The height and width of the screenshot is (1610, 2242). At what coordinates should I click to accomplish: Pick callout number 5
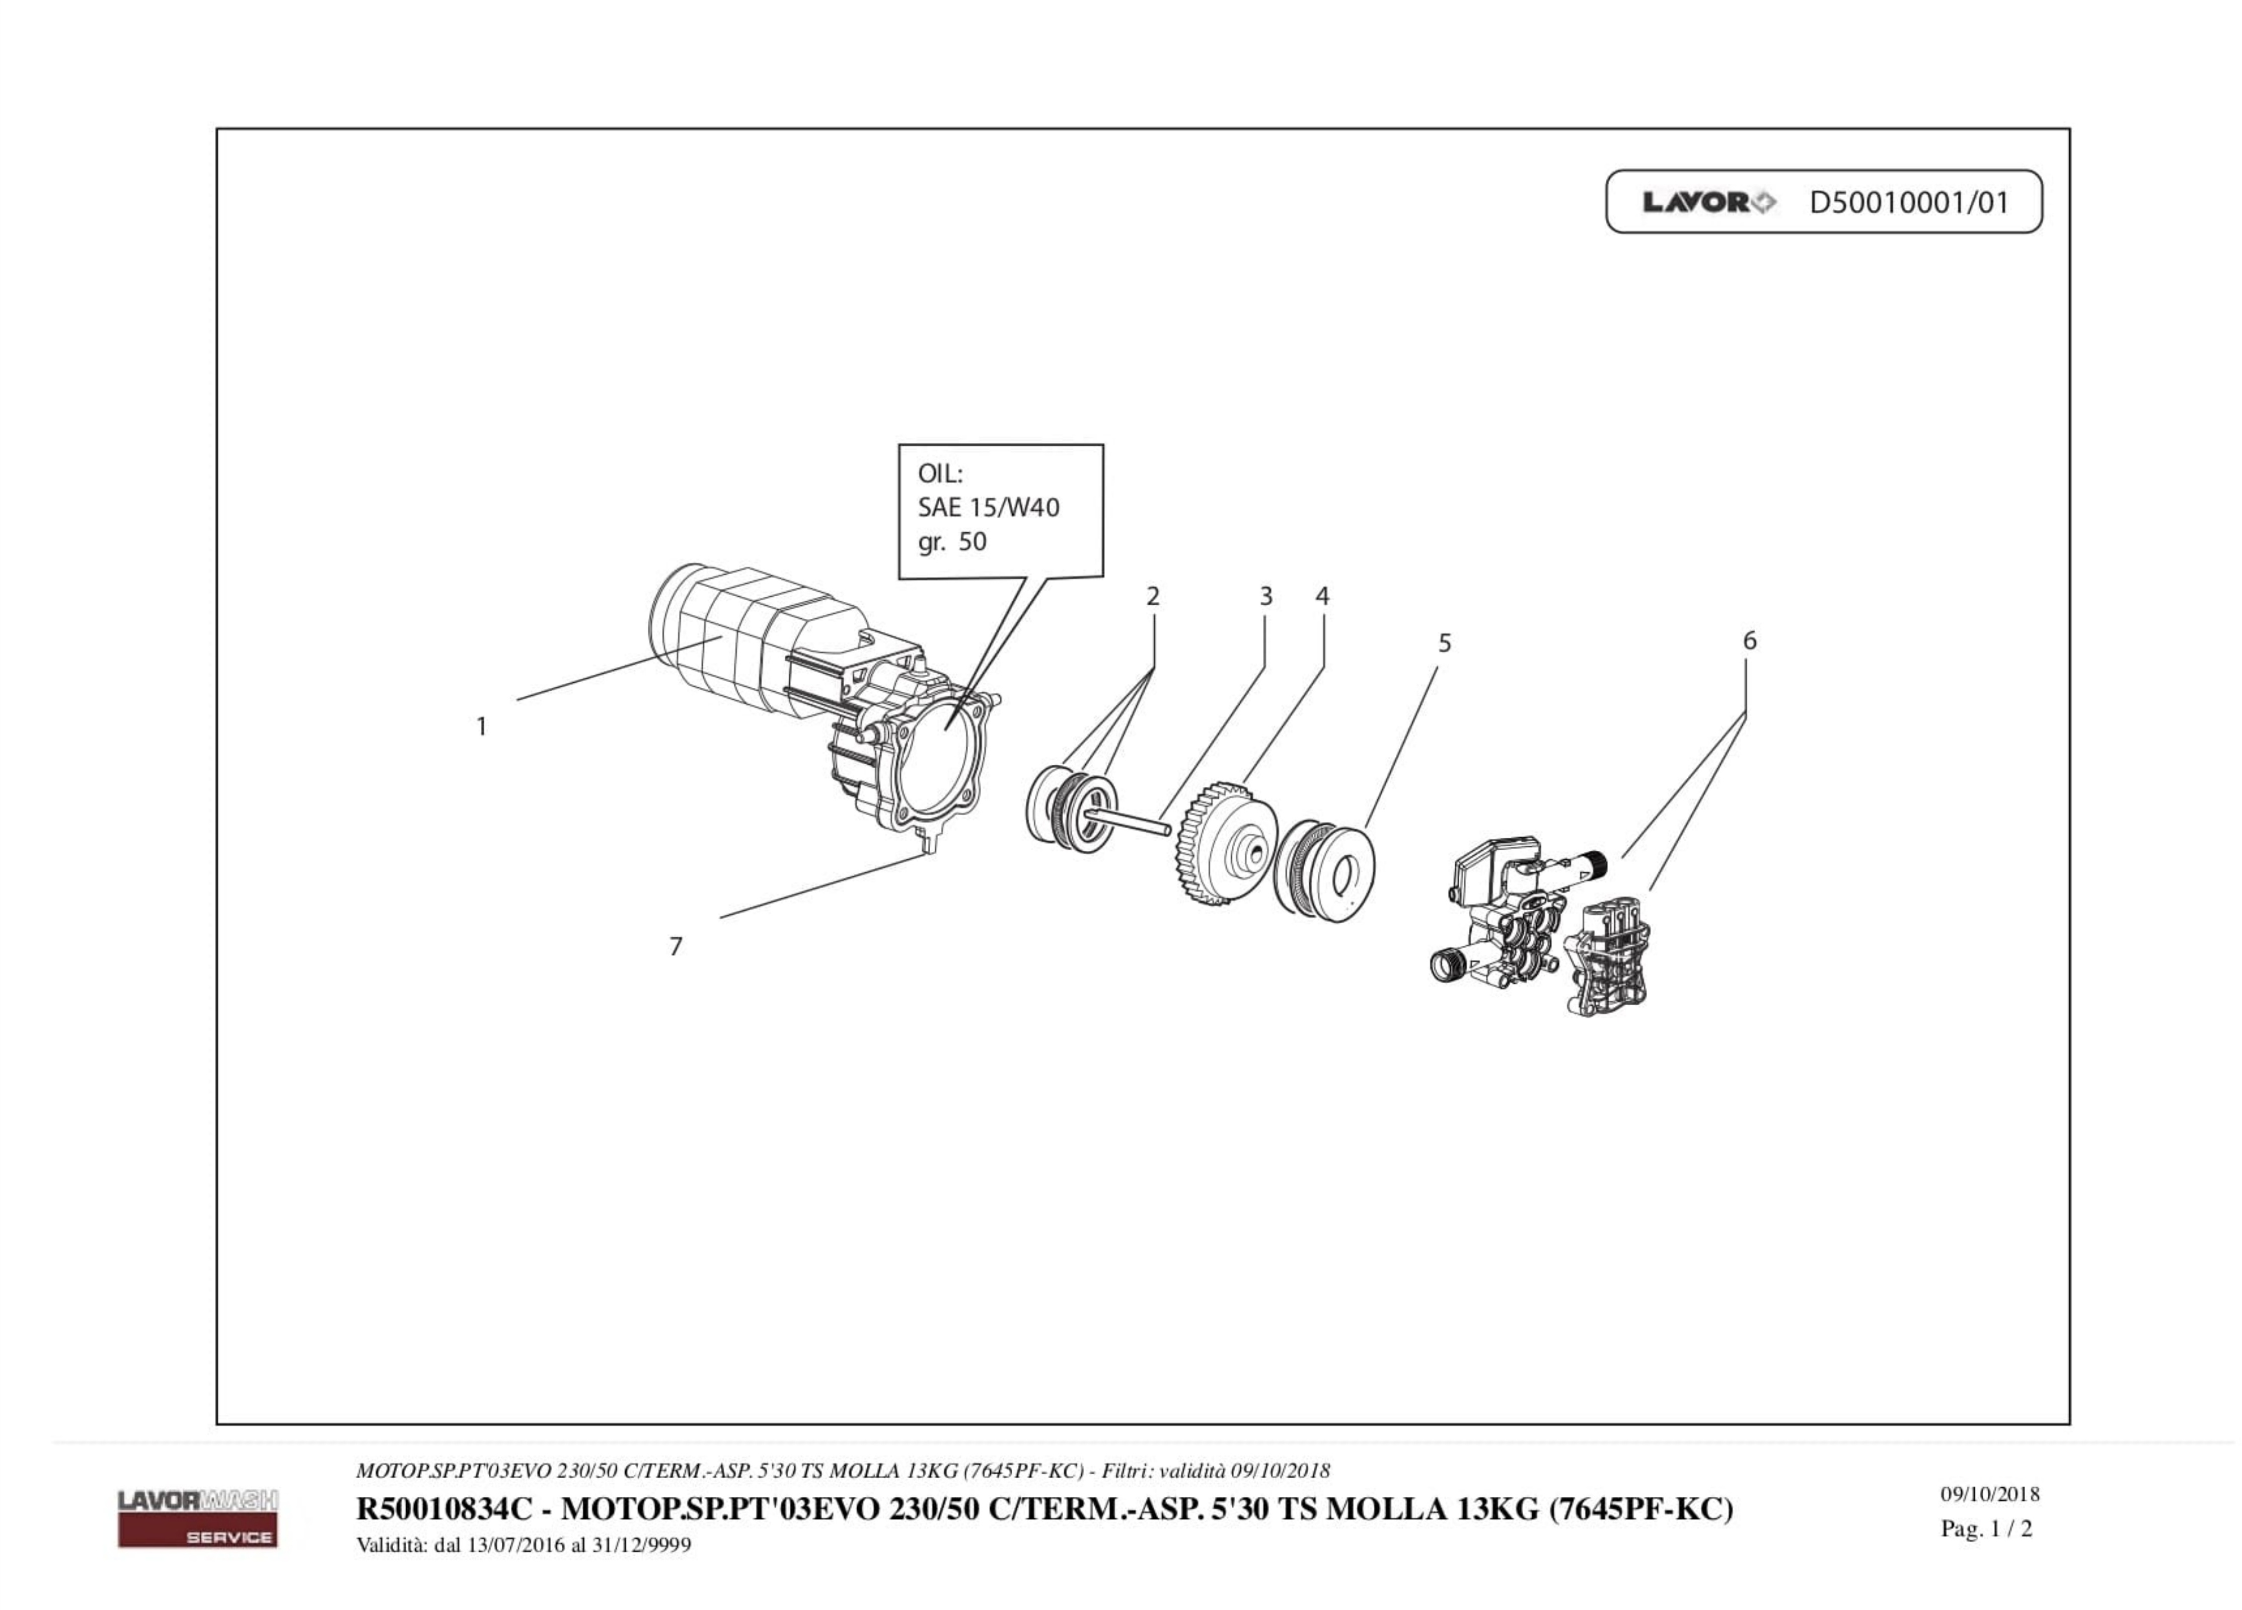1444,643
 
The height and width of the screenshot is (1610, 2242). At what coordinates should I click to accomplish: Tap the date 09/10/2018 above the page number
1989,1494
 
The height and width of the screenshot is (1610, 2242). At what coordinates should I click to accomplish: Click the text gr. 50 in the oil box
952,541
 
